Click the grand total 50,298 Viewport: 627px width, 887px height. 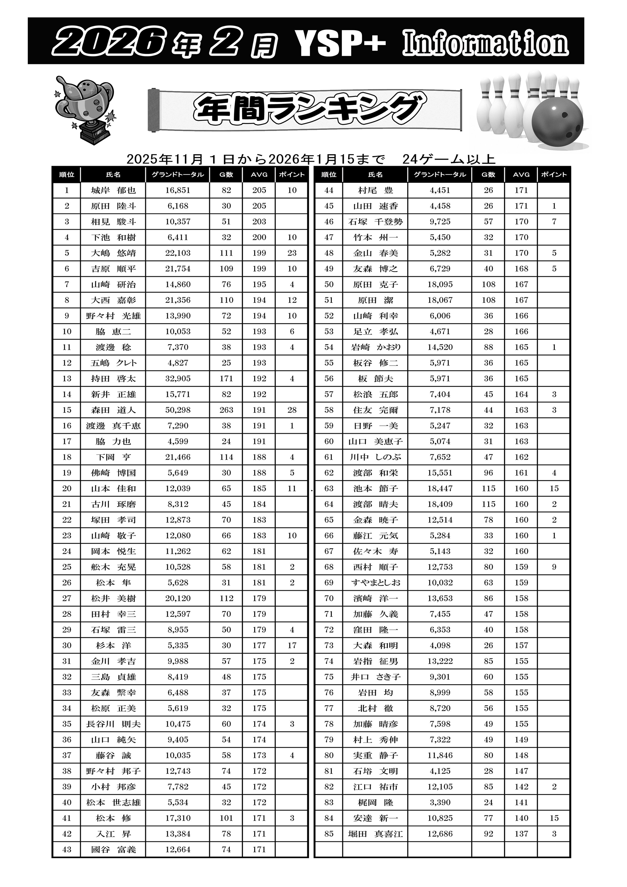(178, 410)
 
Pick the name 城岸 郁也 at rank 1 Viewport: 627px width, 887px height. (113, 190)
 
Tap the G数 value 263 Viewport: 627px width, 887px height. (226, 410)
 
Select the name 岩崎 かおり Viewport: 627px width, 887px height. (375, 347)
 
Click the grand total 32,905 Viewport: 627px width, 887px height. (178, 379)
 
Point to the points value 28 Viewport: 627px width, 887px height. (292, 410)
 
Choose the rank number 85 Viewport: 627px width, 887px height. (329, 834)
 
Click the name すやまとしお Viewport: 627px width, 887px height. (375, 583)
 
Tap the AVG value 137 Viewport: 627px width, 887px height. (521, 834)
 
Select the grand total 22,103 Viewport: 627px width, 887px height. (178, 253)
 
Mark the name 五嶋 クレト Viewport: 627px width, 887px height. (113, 363)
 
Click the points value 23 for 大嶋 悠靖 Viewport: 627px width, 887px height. (292, 253)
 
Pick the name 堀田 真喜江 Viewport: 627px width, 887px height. (375, 834)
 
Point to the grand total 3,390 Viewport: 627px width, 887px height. (440, 802)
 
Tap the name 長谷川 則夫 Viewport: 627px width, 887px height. (113, 724)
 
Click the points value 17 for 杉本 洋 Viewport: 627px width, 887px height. (292, 646)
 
